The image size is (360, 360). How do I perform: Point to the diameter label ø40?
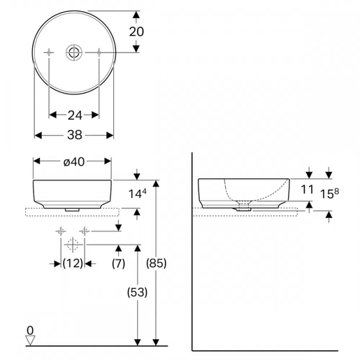pos(73,161)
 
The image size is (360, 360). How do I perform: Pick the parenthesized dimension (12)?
pos(73,263)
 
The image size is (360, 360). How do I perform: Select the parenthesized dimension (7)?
pos(119,263)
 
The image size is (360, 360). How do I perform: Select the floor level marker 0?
pos(29,330)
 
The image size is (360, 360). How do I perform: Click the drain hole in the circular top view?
pos(73,52)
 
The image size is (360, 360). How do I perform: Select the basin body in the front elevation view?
pos(73,192)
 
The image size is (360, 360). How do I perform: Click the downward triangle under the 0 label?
pos(29,340)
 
